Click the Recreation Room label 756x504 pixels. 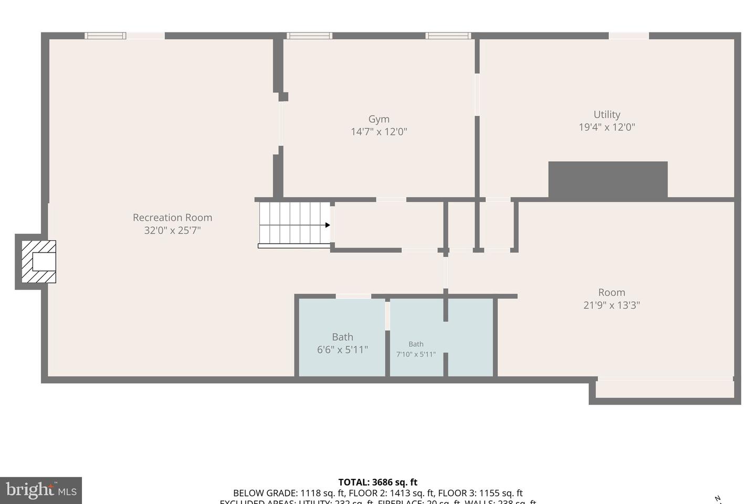pyautogui.click(x=172, y=217)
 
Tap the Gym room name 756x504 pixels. pyautogui.click(x=379, y=119)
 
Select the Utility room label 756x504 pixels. pyautogui.click(x=607, y=114)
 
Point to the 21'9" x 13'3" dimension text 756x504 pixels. pyautogui.click(x=612, y=305)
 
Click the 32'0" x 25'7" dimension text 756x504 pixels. pyautogui.click(x=172, y=230)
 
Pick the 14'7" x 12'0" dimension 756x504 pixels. pyautogui.click(x=379, y=132)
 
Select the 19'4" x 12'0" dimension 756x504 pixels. pyautogui.click(x=607, y=127)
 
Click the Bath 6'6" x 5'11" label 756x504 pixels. pyautogui.click(x=342, y=343)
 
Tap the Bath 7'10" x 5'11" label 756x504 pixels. pyautogui.click(x=416, y=349)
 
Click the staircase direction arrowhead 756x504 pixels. pyautogui.click(x=328, y=225)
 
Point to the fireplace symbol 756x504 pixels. pyautogui.click(x=39, y=261)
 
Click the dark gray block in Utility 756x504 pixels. pyautogui.click(x=607, y=179)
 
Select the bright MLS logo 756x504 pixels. pyautogui.click(x=41, y=490)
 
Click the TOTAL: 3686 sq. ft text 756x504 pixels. pyautogui.click(x=377, y=482)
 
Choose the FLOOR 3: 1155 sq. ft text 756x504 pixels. pyautogui.click(x=480, y=493)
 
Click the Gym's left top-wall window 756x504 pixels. pyautogui.click(x=309, y=36)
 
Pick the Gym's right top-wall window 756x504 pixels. pyautogui.click(x=448, y=36)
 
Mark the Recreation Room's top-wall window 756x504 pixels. pyautogui.click(x=106, y=36)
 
